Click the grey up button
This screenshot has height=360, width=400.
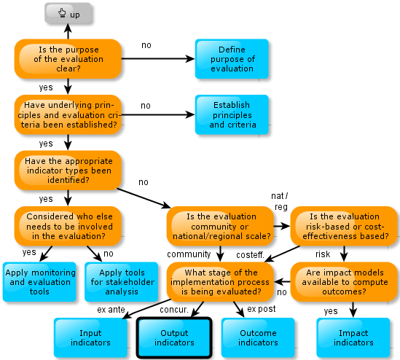[x=68, y=13]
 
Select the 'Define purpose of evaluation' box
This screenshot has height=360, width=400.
[x=232, y=59]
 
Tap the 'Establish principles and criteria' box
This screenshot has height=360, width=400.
[x=232, y=114]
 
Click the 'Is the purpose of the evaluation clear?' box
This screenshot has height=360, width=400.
[x=68, y=59]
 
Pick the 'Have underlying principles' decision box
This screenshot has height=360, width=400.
[x=68, y=114]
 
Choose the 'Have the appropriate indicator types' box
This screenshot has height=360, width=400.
[x=68, y=171]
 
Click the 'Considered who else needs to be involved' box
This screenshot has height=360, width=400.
[x=68, y=226]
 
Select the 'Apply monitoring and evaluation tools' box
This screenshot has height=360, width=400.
[x=39, y=282]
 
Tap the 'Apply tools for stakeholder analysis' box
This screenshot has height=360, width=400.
[x=122, y=282]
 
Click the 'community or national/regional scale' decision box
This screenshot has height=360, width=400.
[x=220, y=226]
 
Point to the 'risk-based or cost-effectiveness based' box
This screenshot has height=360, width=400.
[x=344, y=226]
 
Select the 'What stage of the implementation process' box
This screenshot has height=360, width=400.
[x=220, y=282]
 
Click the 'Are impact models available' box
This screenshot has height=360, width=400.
[x=344, y=282]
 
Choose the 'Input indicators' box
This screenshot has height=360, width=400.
[x=90, y=337]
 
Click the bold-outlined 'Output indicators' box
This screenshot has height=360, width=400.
[x=174, y=337]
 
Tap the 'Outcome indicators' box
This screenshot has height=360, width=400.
[x=258, y=337]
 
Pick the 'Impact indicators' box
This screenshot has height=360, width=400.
[x=353, y=337]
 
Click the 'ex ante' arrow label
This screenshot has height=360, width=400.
[x=111, y=310]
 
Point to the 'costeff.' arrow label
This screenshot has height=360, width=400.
[x=250, y=254]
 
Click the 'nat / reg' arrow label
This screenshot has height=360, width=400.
[x=280, y=201]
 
